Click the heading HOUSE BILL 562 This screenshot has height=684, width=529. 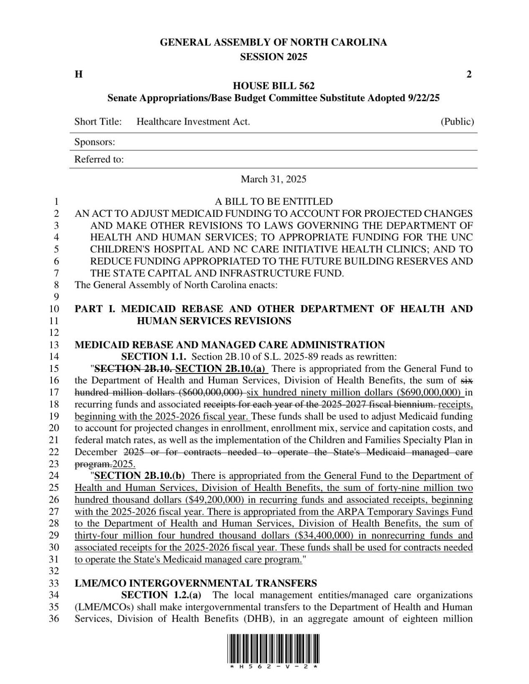pos(273,86)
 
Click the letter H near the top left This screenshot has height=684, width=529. pos(78,74)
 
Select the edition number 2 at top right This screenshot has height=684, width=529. pos(469,74)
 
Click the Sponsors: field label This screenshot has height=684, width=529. pos(95,142)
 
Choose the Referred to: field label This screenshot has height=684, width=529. pos(99,159)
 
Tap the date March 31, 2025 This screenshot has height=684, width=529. pos(273,179)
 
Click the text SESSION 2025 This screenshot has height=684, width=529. pos(273,57)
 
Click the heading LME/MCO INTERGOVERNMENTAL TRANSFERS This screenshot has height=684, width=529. pos(195,583)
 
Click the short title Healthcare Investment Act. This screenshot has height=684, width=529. pos(193,122)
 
